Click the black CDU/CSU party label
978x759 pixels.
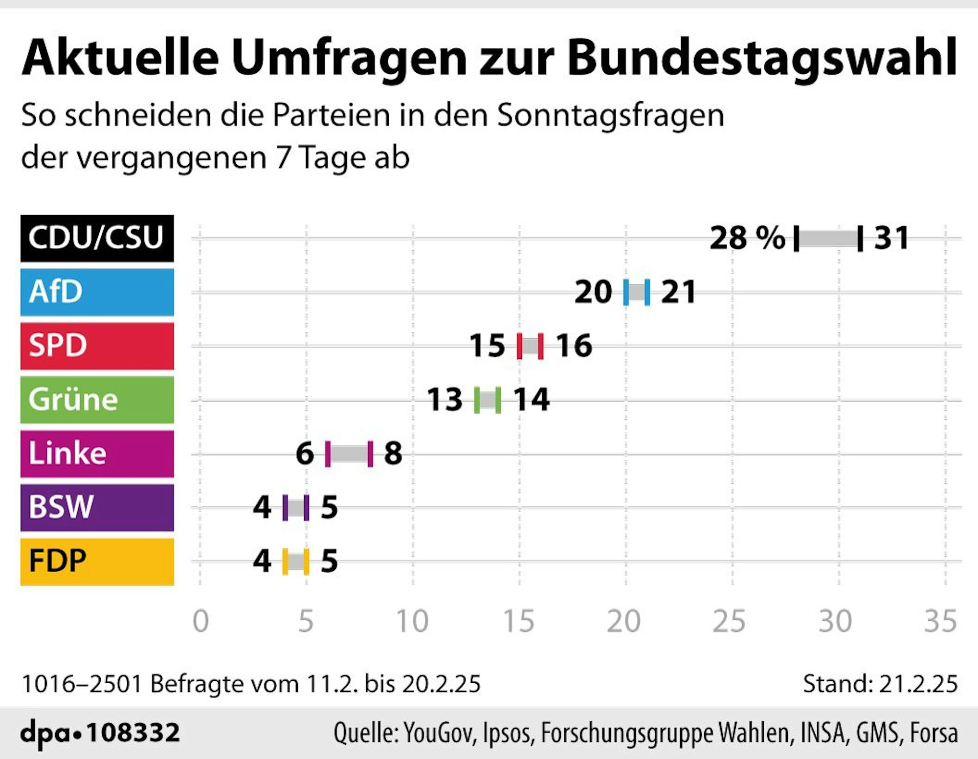pos(97,238)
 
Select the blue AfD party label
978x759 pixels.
pos(97,292)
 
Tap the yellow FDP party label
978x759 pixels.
pos(97,561)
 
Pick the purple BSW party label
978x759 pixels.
pos(97,507)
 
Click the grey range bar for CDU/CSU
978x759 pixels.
pos(828,239)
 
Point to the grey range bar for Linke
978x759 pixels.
pos(349,454)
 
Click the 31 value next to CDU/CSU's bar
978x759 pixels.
pos(891,238)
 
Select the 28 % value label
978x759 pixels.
pos(747,238)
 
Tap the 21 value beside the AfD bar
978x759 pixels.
pos(678,292)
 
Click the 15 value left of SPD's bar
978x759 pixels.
pos(487,346)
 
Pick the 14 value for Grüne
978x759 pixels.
pos(531,399)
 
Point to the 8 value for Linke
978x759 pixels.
pos(393,453)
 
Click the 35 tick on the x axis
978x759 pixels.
pos(940,621)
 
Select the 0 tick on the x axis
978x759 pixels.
pos(200,621)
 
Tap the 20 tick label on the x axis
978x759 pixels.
pos(623,621)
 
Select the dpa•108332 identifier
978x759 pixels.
pos(100,732)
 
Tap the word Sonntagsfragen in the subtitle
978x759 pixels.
pos(610,115)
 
